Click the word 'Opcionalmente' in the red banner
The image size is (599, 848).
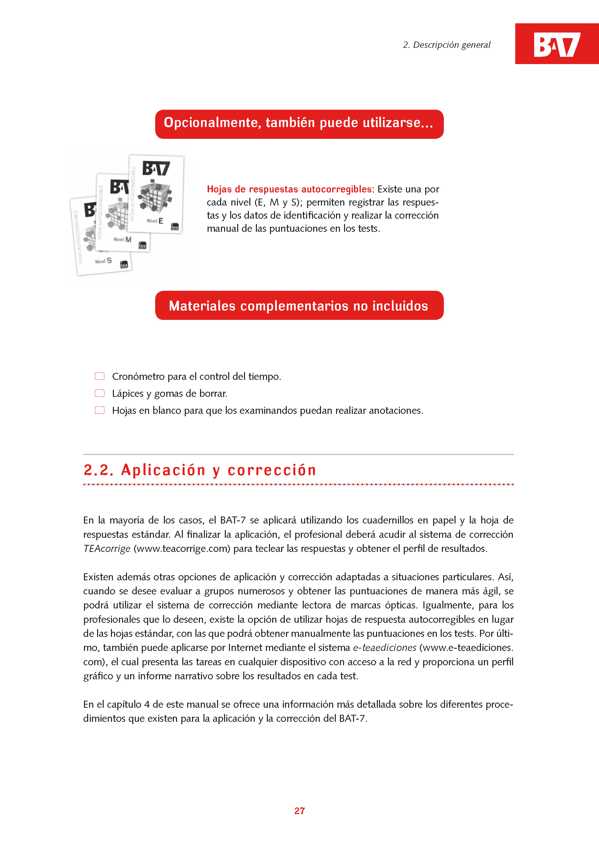tap(212, 123)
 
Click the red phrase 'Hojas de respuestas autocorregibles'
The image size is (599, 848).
tap(289, 189)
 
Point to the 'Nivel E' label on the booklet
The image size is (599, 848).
tap(155, 221)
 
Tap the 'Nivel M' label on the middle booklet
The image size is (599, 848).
tap(122, 239)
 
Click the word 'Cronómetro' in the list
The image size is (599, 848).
tap(138, 376)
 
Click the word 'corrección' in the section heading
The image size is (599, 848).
tap(272, 470)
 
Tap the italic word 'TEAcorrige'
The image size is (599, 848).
tap(107, 549)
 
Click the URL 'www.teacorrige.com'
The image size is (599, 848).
tap(182, 549)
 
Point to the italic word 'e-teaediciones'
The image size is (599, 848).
tap(385, 648)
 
